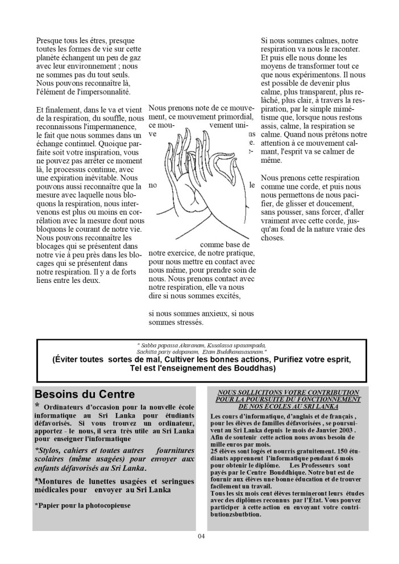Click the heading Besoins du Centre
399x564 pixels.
coord(85,394)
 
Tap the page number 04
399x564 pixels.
coord(200,537)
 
